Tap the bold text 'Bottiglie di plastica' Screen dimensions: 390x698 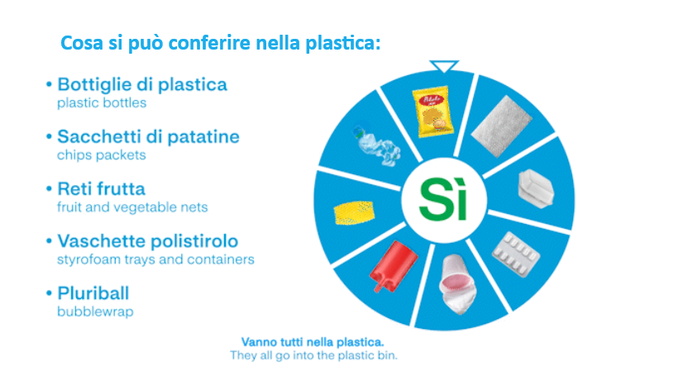click(x=141, y=85)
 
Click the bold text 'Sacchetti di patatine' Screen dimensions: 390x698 click(x=148, y=137)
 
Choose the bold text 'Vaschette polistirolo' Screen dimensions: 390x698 click(x=147, y=241)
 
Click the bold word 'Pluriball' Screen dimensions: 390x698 click(x=93, y=293)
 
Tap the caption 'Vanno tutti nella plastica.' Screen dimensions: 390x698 click(x=313, y=341)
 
